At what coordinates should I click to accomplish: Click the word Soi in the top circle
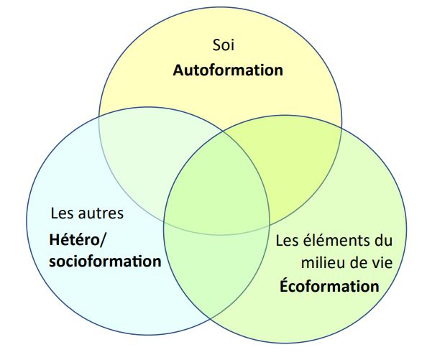coord(224,45)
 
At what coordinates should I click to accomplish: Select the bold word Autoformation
coord(228,70)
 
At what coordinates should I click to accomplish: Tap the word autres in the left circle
coord(101,213)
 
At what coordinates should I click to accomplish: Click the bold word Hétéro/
coord(76,240)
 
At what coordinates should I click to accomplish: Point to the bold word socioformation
coord(105,262)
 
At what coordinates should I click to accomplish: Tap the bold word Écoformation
coord(329,286)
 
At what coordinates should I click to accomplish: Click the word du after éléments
coord(385,241)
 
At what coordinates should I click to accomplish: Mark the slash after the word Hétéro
coord(101,240)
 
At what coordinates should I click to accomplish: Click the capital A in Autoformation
coord(178,70)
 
